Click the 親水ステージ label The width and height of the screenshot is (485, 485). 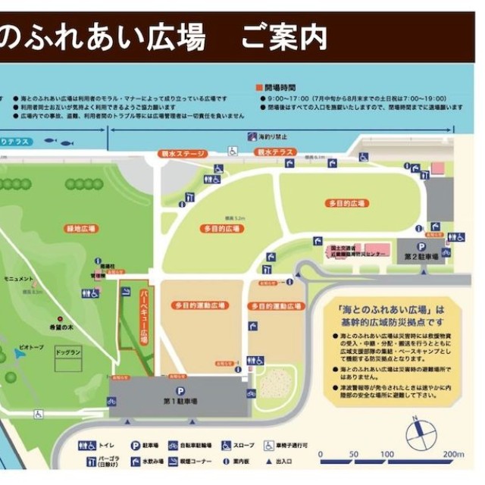pos(184,154)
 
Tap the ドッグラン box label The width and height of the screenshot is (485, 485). pos(69,352)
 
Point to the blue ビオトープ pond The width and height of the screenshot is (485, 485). pos(19,355)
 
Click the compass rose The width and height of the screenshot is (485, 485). pos(421,434)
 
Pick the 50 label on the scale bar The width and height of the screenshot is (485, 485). pos(352,454)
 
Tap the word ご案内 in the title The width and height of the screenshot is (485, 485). pos(283,36)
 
